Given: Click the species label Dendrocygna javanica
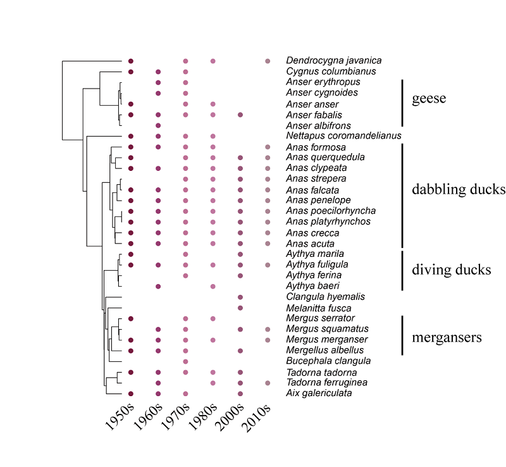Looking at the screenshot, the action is pyautogui.click(x=334, y=60).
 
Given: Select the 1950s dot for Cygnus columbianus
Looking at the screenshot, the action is pyautogui.click(x=131, y=72).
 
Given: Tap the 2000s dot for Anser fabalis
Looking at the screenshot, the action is pyautogui.click(x=240, y=115).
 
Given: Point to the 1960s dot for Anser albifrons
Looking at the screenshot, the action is pyautogui.click(x=158, y=125).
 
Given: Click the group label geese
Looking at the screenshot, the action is pyautogui.click(x=429, y=99).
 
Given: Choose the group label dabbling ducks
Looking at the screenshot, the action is pyautogui.click(x=459, y=189).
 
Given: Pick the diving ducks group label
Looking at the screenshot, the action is pyautogui.click(x=451, y=270).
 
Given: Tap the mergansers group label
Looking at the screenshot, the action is pyautogui.click(x=447, y=337).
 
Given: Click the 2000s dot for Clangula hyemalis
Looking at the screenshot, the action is pyautogui.click(x=240, y=297).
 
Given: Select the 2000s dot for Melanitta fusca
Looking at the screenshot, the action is pyautogui.click(x=240, y=308).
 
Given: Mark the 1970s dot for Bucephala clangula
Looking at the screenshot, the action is pyautogui.click(x=185, y=361).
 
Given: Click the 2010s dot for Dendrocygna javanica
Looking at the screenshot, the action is pyautogui.click(x=268, y=61).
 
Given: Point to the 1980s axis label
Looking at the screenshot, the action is pyautogui.click(x=202, y=417).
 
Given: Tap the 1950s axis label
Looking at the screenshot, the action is pyautogui.click(x=120, y=417).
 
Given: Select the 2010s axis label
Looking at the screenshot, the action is pyautogui.click(x=256, y=418).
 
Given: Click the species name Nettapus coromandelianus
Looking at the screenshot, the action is pyautogui.click(x=343, y=135).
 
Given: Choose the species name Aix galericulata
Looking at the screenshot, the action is pyautogui.click(x=319, y=393).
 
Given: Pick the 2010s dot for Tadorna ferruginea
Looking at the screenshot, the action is pyautogui.click(x=268, y=383).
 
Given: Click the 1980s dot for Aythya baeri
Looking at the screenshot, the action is pyautogui.click(x=213, y=287).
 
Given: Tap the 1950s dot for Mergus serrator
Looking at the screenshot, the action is pyautogui.click(x=131, y=319).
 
